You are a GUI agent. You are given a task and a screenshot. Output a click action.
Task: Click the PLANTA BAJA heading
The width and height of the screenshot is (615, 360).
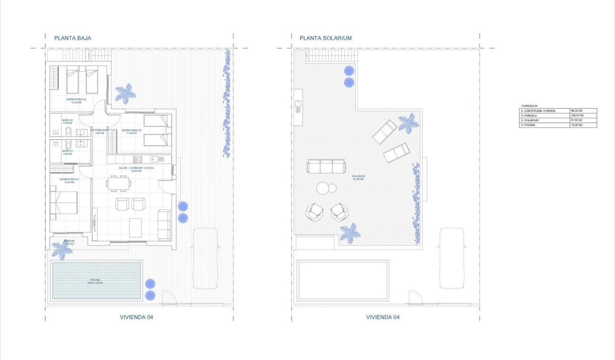point(72,38)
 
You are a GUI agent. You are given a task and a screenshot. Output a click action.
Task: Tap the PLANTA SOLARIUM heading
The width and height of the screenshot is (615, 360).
point(326,38)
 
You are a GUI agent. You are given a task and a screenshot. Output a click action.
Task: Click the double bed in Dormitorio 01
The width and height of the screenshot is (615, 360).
point(64,202)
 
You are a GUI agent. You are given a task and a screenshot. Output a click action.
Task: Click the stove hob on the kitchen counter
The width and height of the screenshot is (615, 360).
point(137,159)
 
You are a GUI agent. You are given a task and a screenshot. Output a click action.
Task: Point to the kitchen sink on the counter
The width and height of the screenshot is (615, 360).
point(155,159)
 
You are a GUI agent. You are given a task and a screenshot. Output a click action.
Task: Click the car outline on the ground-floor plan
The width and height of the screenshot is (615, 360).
point(205,258)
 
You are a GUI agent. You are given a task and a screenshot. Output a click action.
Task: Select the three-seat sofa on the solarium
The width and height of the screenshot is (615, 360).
point(326,166)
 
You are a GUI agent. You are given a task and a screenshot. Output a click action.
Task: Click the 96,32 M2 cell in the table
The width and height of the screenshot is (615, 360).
point(577,111)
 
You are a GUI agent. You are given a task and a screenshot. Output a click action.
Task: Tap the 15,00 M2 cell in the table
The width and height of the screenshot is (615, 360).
point(577,125)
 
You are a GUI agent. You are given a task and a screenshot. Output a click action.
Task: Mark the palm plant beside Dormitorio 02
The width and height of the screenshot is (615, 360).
point(125,93)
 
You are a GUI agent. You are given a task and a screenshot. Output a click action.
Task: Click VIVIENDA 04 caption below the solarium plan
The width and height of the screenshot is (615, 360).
point(382,317)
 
